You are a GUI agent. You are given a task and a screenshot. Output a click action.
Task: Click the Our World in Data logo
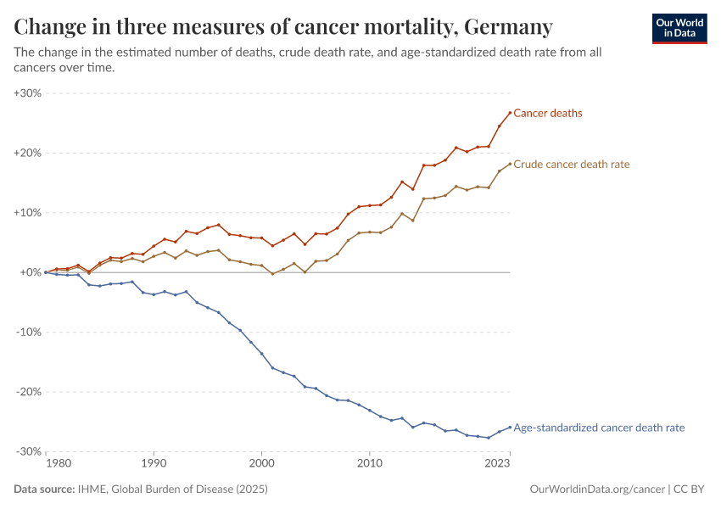(679, 28)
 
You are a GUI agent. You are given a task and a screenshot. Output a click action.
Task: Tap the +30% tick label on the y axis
(28, 93)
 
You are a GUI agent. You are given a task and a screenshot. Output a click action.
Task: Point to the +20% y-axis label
(28, 153)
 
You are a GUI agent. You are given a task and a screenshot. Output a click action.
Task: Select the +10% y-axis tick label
(28, 213)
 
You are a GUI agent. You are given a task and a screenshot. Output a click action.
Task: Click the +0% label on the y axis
(31, 272)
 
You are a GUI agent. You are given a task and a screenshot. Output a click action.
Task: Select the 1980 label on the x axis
(58, 464)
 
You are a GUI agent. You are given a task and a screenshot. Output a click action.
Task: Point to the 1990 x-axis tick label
(154, 464)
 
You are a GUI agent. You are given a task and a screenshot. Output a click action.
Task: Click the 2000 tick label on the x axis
(261, 464)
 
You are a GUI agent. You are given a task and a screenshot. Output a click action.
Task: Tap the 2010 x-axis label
(369, 464)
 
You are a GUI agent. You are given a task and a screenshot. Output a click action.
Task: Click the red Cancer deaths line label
(548, 113)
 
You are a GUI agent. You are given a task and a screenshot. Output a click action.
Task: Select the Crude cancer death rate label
(572, 164)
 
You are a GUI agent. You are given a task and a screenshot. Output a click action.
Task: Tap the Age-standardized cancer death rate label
(599, 428)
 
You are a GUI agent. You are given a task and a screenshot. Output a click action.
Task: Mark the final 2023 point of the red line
(510, 113)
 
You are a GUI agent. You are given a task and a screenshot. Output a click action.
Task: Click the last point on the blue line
(510, 428)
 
